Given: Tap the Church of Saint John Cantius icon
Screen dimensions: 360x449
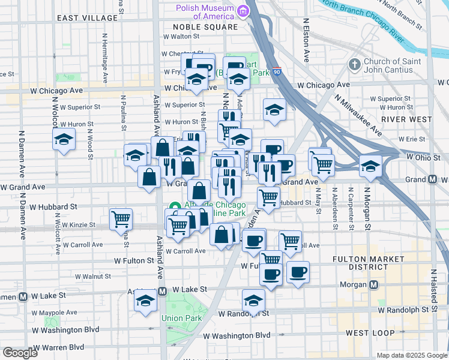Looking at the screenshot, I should (354, 64).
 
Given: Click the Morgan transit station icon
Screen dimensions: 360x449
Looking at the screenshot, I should (374, 284).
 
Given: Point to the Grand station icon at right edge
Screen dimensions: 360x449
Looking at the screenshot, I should (432, 179).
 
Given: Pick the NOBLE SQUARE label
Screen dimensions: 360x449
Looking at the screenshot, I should (205, 27).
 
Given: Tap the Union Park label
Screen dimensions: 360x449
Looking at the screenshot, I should (175, 317).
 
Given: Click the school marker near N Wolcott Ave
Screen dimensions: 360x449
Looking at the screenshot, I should (63, 140).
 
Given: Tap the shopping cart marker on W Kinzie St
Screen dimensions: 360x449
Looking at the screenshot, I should (121, 219).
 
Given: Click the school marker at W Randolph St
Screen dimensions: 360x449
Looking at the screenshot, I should (254, 300).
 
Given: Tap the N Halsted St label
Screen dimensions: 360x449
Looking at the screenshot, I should (433, 292).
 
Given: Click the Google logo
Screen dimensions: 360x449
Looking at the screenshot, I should (20, 353).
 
